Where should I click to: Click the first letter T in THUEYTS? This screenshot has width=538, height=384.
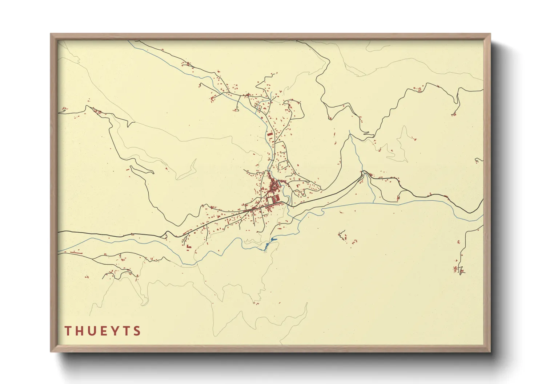tap(68, 331)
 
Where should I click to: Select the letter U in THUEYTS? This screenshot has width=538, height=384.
tap(91, 331)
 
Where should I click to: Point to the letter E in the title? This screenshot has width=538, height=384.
tap(103, 331)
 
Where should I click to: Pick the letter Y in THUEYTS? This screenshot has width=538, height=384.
tap(114, 331)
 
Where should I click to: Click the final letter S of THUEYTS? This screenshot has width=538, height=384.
tap(137, 331)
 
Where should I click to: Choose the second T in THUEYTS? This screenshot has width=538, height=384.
tap(126, 331)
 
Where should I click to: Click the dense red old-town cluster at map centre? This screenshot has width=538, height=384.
tap(273, 187)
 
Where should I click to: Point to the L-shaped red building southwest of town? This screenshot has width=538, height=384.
tap(188, 246)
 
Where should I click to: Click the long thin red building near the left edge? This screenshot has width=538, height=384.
tap(75, 252)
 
